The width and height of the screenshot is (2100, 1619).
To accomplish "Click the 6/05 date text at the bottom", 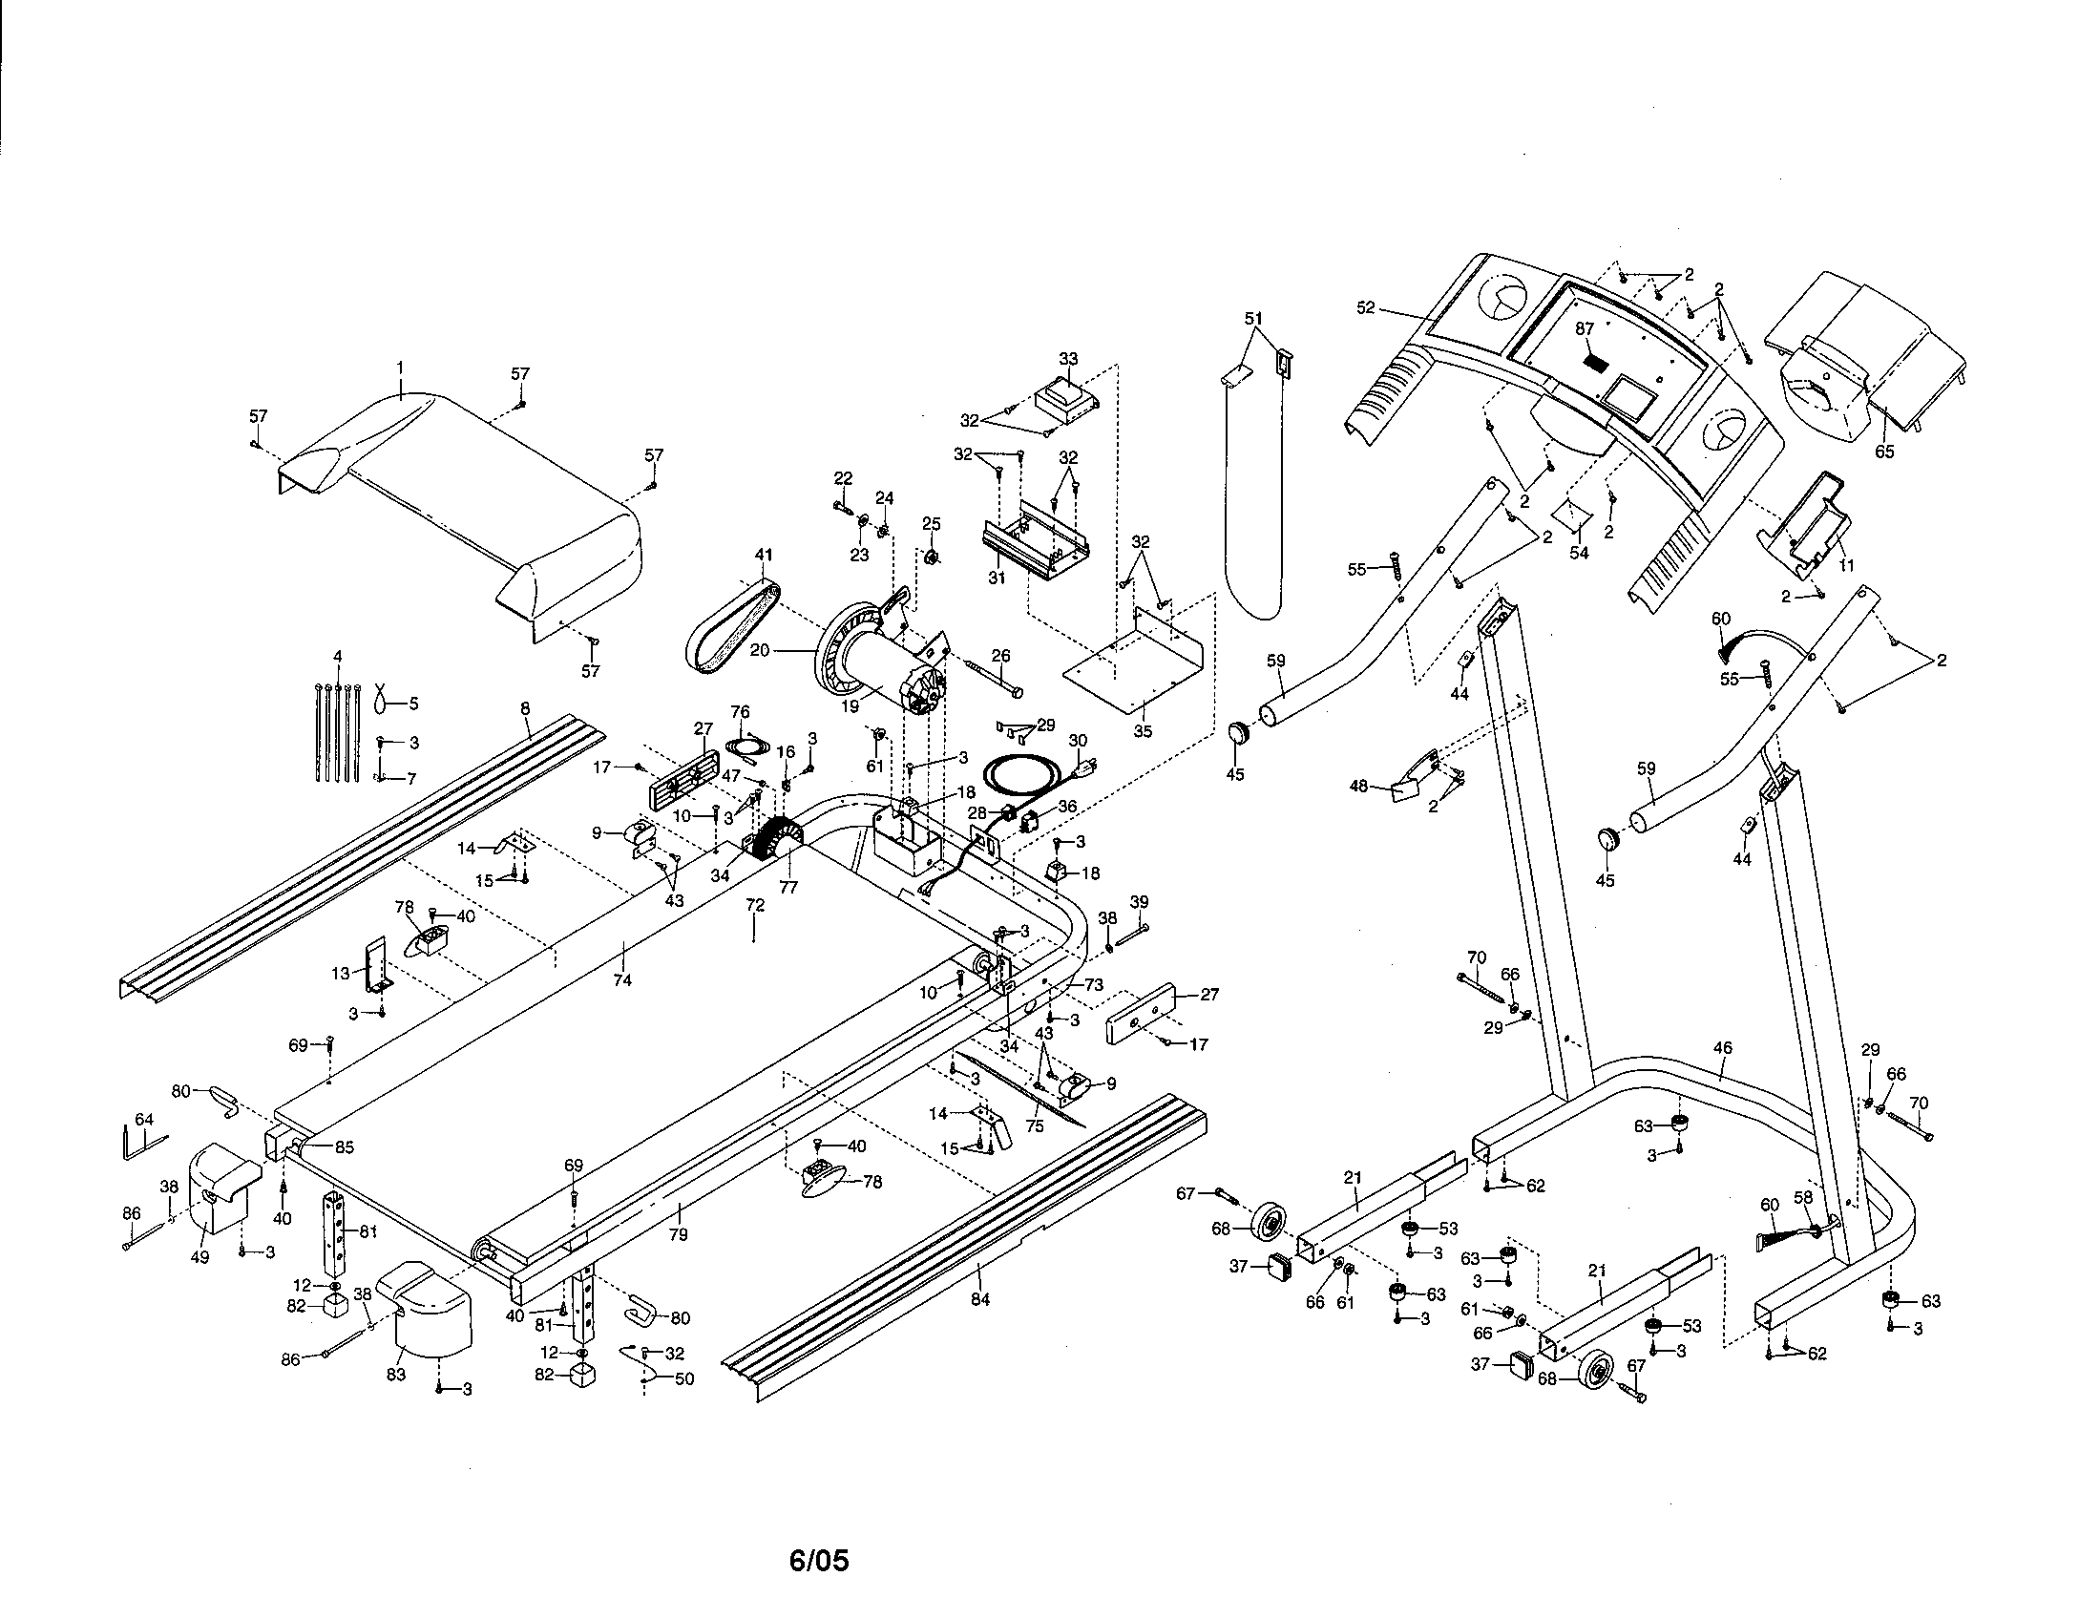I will click(818, 1560).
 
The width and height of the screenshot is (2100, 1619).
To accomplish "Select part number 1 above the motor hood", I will click(401, 368).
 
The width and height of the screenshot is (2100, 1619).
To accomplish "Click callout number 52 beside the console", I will click(1365, 307).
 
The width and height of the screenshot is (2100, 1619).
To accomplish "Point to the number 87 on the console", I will click(1585, 327).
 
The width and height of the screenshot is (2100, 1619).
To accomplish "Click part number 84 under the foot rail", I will click(979, 1300).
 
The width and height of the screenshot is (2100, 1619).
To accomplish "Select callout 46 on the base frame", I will click(1723, 1048).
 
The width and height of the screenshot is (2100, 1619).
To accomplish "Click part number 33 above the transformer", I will click(1068, 359).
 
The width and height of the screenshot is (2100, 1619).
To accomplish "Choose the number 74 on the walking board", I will click(622, 980).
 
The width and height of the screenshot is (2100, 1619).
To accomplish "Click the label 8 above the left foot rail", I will click(525, 708).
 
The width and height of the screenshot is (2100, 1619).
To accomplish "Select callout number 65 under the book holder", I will click(1883, 451).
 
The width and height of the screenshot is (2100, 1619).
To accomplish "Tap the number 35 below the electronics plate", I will click(1143, 730).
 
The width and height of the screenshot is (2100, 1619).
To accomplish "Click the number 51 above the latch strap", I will click(1253, 318).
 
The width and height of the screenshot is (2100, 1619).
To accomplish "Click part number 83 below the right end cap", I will click(396, 1375).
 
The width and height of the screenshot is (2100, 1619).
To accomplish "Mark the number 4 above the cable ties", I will click(337, 657).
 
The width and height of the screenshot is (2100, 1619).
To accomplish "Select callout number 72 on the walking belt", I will click(755, 905).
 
